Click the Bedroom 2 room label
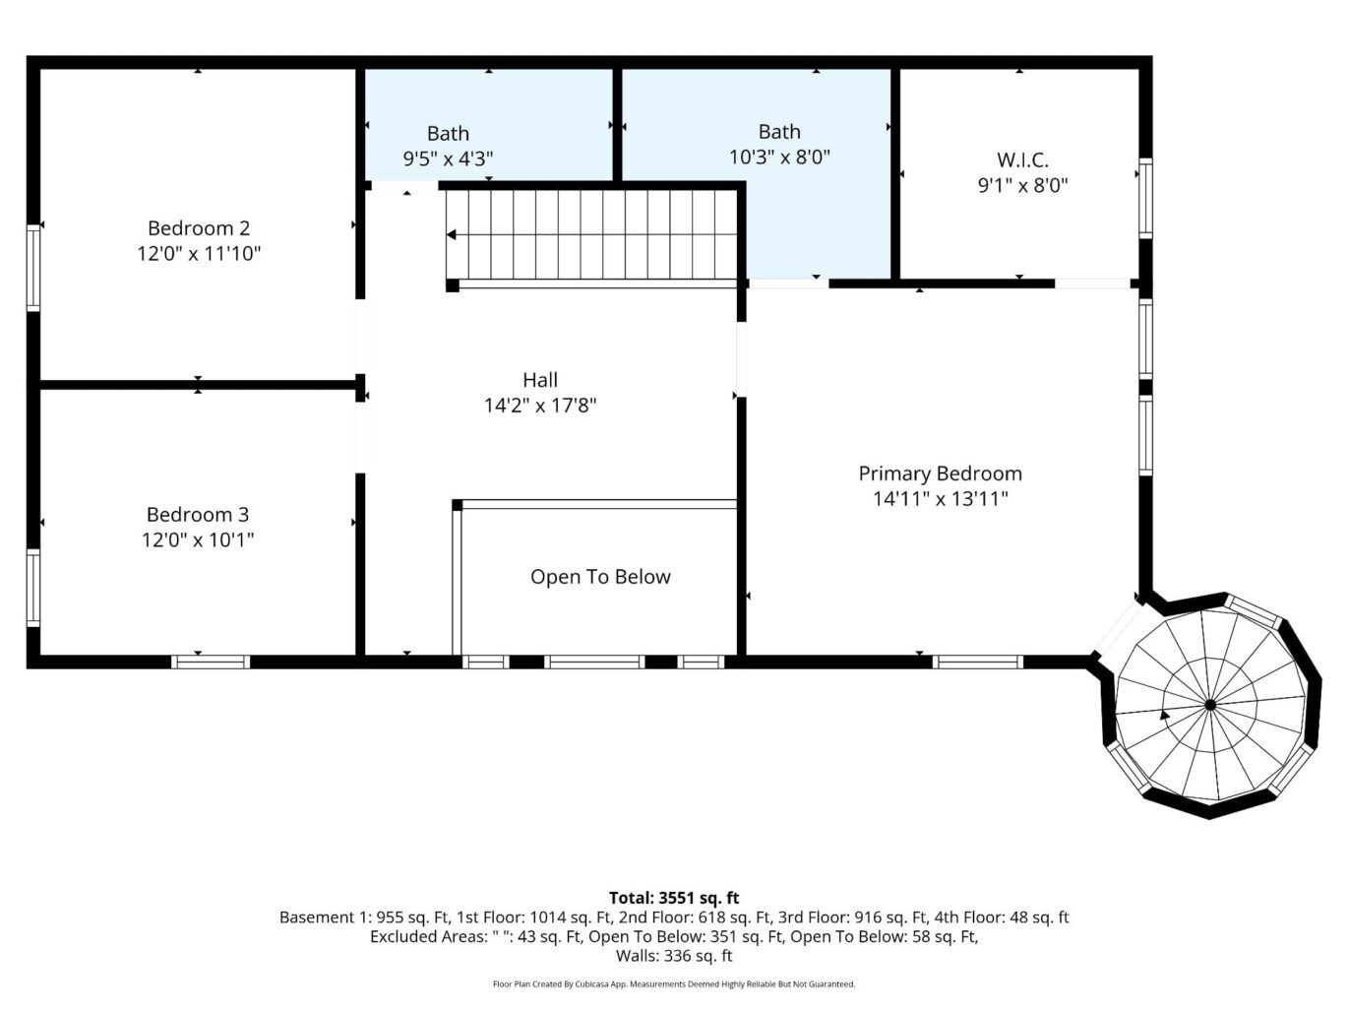click(199, 228)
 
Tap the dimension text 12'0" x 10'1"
click(199, 540)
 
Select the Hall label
click(540, 380)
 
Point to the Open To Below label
click(600, 578)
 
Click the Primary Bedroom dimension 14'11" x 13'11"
click(941, 499)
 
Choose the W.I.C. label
click(1022, 159)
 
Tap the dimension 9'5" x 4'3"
click(448, 158)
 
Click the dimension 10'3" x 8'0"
click(779, 157)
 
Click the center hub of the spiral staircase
click(1210, 705)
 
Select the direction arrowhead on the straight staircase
click(452, 234)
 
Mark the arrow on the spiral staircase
click(1165, 716)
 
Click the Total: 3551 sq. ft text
click(674, 898)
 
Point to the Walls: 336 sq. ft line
click(674, 956)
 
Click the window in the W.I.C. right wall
click(1145, 198)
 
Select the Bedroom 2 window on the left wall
click(33, 268)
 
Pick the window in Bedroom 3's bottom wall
click(211, 662)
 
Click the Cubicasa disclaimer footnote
click(674, 983)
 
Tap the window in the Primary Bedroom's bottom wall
click(978, 662)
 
